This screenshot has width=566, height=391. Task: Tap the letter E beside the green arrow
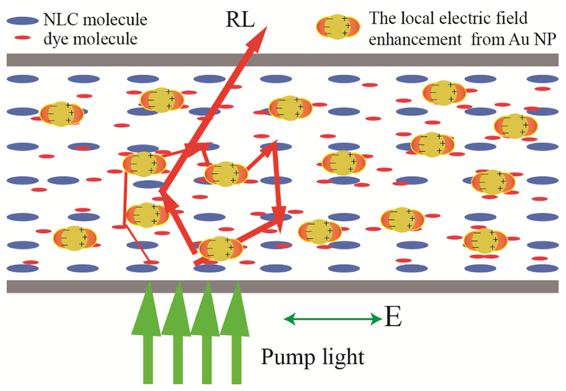tap(393, 320)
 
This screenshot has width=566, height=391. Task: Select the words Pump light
tap(312, 358)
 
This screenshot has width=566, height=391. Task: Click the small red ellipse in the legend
tap(23, 39)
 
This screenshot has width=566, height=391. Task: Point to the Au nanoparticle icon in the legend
tap(338, 27)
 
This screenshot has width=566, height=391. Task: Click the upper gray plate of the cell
tap(283, 60)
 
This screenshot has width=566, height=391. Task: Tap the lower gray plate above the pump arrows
tap(283, 286)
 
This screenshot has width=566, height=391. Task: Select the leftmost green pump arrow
tap(148, 334)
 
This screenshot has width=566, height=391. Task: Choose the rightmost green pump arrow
tap(235, 334)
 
